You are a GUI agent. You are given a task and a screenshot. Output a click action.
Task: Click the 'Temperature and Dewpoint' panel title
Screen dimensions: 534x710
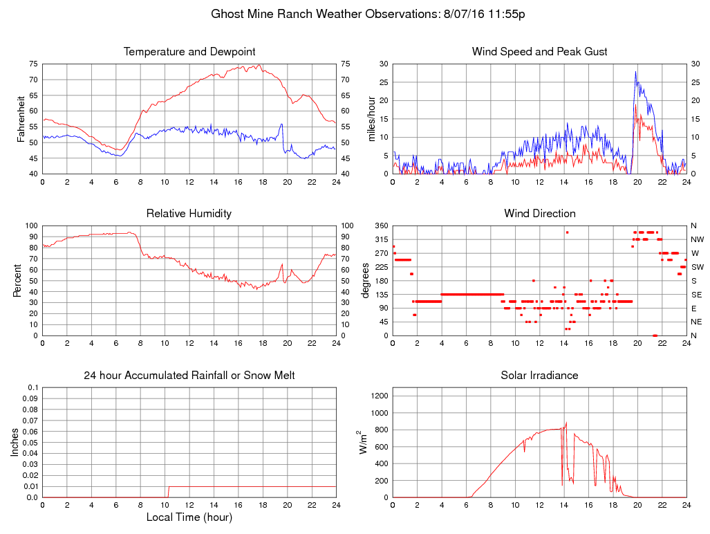(x=189, y=52)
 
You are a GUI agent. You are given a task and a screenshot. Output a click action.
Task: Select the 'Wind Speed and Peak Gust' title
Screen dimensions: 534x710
(x=539, y=52)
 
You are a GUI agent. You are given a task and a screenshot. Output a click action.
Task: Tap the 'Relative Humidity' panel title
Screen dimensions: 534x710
(x=189, y=213)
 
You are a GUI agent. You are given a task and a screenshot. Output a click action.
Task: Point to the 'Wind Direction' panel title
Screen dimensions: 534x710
(x=539, y=213)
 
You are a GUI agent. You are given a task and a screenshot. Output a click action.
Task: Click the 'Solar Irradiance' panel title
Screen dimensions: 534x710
(x=539, y=376)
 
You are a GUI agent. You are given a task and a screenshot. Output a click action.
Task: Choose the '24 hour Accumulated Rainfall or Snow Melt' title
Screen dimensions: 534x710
(x=189, y=376)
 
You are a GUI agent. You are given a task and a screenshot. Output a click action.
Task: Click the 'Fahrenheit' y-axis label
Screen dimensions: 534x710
(x=21, y=119)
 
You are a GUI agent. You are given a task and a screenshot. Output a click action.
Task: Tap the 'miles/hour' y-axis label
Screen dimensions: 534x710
(x=371, y=119)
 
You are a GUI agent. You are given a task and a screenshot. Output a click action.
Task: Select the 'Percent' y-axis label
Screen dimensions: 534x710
(x=17, y=281)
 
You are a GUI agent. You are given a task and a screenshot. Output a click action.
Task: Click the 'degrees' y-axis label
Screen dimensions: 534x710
(x=366, y=281)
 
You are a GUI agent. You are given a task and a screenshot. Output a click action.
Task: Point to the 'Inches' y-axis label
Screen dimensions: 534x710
(x=15, y=443)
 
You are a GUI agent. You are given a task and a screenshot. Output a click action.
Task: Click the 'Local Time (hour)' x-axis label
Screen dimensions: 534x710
(x=189, y=517)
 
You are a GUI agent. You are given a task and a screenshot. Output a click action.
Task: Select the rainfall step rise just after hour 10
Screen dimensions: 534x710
(x=168, y=491)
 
